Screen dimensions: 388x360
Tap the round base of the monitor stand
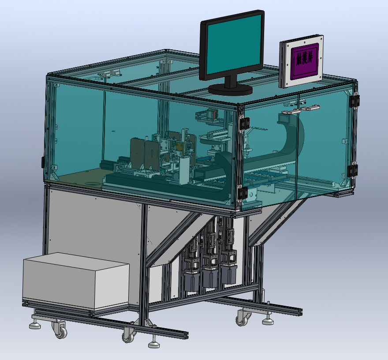pyautogui.click(x=230, y=90)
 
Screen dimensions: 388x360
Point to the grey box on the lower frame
pyautogui.click(x=76, y=280)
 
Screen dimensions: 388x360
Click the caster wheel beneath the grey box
pyautogui.click(x=60, y=329)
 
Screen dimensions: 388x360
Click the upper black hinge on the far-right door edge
pyautogui.click(x=354, y=101)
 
